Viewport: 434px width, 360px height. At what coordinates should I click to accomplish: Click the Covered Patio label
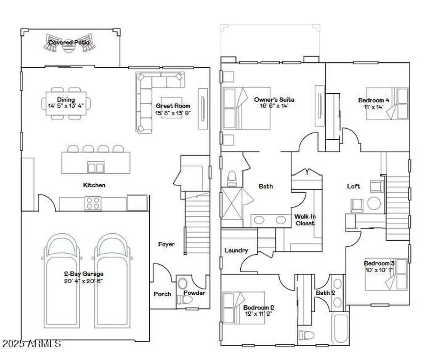69,42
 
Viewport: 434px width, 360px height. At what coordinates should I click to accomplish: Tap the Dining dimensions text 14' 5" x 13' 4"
66,106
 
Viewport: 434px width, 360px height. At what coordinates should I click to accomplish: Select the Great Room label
172,106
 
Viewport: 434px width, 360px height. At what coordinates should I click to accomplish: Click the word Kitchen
94,185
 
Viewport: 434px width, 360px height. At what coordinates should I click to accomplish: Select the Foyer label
166,244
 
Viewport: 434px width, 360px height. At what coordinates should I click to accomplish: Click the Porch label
162,294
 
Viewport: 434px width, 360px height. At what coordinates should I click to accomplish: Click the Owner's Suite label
274,100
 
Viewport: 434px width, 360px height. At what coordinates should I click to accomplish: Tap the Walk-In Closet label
305,220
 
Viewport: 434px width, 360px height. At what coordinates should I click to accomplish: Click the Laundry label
236,250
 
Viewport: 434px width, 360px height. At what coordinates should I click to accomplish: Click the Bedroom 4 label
373,100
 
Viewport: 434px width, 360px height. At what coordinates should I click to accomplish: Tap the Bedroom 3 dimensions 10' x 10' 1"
379,269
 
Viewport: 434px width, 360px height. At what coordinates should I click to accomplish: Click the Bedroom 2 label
259,307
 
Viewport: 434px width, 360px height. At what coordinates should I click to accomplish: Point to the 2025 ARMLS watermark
31,343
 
